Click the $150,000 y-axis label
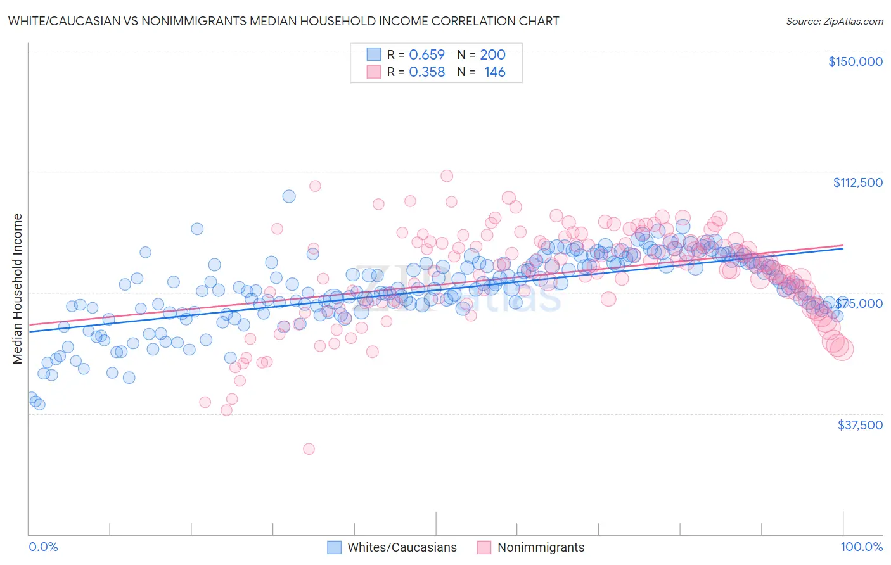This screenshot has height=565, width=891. tap(855, 61)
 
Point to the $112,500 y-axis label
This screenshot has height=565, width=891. tap(857, 182)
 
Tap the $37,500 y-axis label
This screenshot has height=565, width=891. tap(860, 425)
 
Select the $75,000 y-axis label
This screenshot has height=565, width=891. tap(859, 303)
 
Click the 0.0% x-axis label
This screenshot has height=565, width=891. tap(43, 547)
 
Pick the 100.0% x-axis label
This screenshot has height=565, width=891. tap(861, 547)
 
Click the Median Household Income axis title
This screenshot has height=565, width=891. tap(18, 289)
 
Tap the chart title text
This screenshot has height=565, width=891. tap(283, 21)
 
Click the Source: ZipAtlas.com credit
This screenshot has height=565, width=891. tap(834, 22)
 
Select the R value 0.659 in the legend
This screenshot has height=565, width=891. tap(426, 55)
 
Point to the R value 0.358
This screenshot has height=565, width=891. tap(426, 72)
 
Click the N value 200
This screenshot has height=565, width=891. tap(492, 55)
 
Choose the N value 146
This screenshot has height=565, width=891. tap(494, 72)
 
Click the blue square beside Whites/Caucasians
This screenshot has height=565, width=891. tap(335, 547)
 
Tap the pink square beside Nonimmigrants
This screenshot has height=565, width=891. tap(484, 547)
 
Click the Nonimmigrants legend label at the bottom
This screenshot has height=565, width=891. tap(541, 547)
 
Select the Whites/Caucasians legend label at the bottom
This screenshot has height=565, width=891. tap(402, 547)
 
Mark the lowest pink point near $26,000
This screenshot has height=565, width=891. tap(309, 449)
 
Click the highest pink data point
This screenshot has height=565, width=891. tap(447, 176)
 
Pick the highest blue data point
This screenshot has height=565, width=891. tap(289, 196)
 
